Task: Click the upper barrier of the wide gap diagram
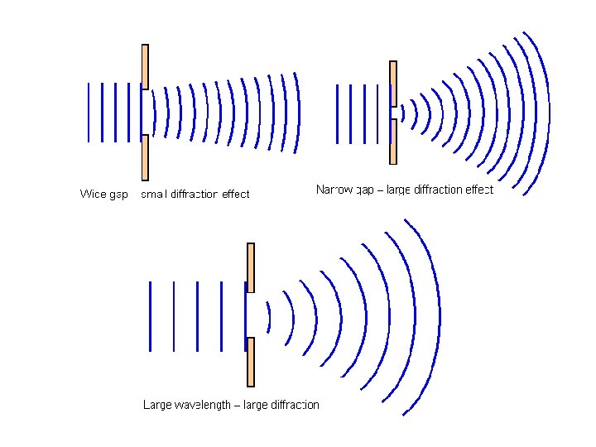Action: (145, 66)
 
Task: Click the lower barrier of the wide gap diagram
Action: (145, 157)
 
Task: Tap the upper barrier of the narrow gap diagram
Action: (393, 83)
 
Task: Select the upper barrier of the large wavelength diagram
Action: (251, 267)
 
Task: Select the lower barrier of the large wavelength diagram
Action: (251, 362)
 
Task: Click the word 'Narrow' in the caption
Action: (334, 190)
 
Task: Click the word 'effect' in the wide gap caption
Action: (235, 195)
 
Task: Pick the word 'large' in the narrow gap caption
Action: (397, 190)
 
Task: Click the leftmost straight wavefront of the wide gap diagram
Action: (89, 112)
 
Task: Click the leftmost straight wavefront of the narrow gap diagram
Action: (339, 114)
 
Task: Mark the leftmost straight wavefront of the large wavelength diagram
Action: (150, 316)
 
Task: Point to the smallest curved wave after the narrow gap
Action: (403, 113)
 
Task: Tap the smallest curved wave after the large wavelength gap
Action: (269, 315)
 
